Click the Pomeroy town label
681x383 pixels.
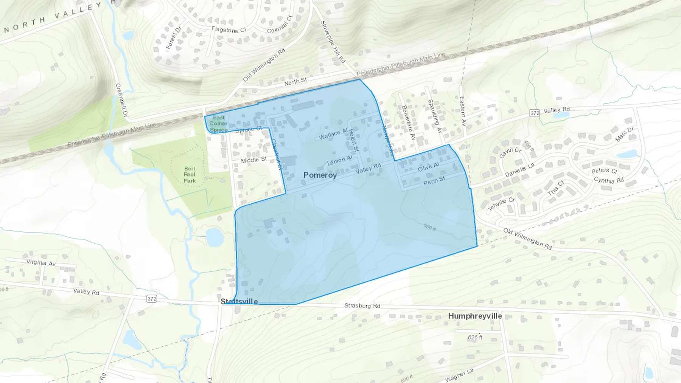tap(320, 175)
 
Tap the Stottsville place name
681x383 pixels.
tap(239, 301)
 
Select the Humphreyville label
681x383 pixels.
tap(475, 316)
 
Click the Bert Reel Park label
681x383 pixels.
tap(190, 175)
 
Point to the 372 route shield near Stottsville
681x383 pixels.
tap(152, 299)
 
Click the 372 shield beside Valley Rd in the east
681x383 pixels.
tap(534, 113)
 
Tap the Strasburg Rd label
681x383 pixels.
tap(362, 305)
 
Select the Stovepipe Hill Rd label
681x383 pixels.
tap(333, 42)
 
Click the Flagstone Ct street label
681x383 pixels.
tap(229, 29)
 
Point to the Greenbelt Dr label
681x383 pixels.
tap(121, 100)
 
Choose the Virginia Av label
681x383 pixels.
tap(41, 262)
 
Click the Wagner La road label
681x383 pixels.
tap(459, 375)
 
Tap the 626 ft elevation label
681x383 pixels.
tap(475, 337)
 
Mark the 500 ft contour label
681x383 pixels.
tap(429, 227)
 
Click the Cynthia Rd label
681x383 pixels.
tap(609, 180)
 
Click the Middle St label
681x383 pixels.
tap(254, 160)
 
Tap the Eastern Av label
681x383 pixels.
tap(462, 111)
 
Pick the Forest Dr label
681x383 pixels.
tap(174, 38)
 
